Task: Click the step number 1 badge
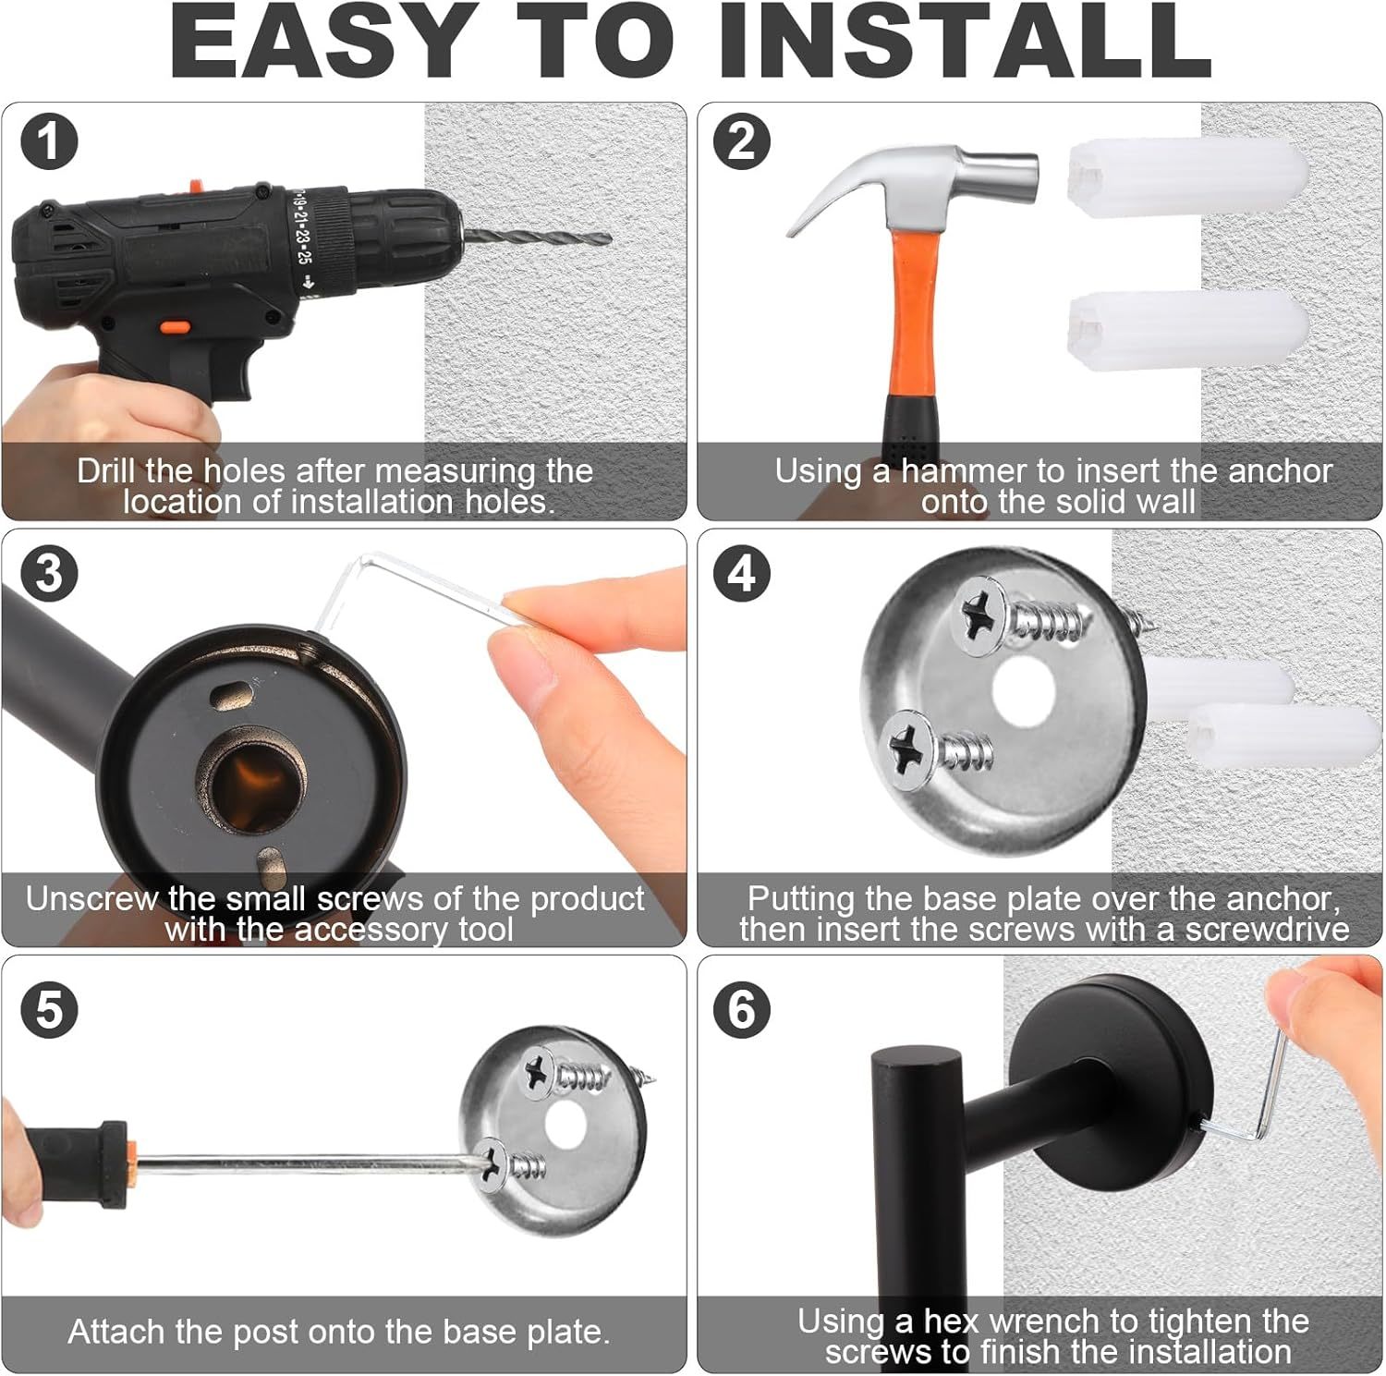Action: [x=49, y=142]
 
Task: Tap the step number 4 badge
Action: [x=742, y=573]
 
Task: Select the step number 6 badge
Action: [x=742, y=1008]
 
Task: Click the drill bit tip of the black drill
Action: [x=610, y=239]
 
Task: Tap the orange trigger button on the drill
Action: [x=176, y=327]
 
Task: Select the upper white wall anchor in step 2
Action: [x=1188, y=178]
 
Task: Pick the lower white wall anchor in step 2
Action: [x=1188, y=331]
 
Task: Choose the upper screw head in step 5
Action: [x=538, y=1072]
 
